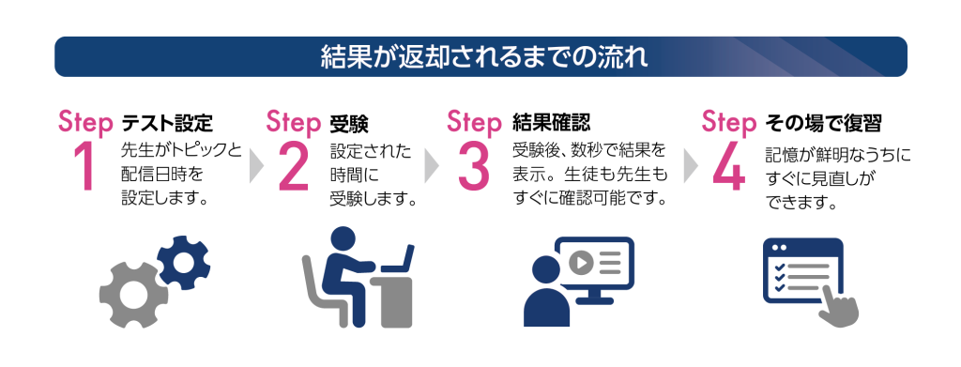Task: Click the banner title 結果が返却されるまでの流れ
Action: click(484, 57)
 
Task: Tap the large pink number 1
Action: click(85, 168)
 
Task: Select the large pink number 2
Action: click(293, 168)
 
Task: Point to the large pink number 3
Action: click(474, 167)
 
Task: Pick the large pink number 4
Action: click(729, 168)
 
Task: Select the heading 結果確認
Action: click(551, 123)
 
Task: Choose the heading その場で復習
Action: click(823, 124)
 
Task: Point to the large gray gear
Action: click(133, 295)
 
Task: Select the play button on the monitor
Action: click(580, 264)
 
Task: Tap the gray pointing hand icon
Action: click(838, 307)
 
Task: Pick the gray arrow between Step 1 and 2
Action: click(256, 166)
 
